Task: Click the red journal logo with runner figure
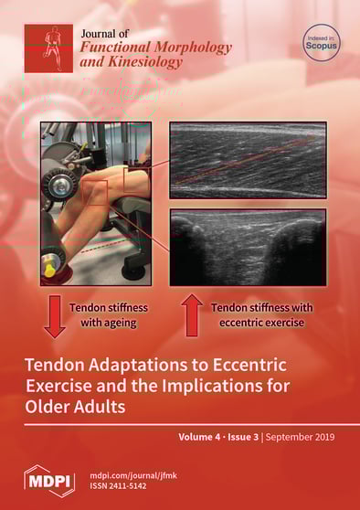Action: [48, 48]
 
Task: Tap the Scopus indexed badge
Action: [322, 43]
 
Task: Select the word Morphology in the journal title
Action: [194, 48]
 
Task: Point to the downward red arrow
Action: [55, 316]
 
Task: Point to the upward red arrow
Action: [192, 314]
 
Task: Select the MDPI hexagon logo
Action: [49, 482]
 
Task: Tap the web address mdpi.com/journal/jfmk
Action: [133, 475]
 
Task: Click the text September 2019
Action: [300, 437]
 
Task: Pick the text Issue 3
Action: [243, 437]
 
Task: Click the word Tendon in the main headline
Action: [52, 365]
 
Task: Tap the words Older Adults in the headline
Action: [75, 406]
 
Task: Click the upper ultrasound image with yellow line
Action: [248, 160]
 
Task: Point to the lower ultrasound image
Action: [248, 248]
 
